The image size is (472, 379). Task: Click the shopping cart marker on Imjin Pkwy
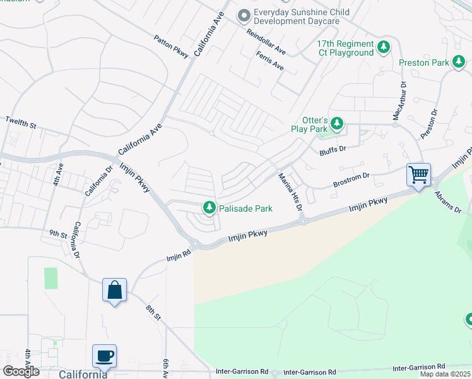(419, 175)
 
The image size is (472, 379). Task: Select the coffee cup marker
(104, 356)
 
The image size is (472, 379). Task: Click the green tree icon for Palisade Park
(209, 207)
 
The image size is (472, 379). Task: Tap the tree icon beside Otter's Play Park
(337, 123)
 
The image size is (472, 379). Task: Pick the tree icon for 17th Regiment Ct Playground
(383, 47)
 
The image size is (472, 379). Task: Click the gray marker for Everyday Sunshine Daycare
(244, 15)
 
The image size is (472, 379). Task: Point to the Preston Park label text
(423, 63)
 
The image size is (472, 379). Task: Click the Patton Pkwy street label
(171, 47)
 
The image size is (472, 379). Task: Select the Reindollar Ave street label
(266, 42)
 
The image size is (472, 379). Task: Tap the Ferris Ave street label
(270, 61)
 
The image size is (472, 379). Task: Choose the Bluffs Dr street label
(334, 149)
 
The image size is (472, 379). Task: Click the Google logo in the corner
(20, 371)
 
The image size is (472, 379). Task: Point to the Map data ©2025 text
(444, 374)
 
